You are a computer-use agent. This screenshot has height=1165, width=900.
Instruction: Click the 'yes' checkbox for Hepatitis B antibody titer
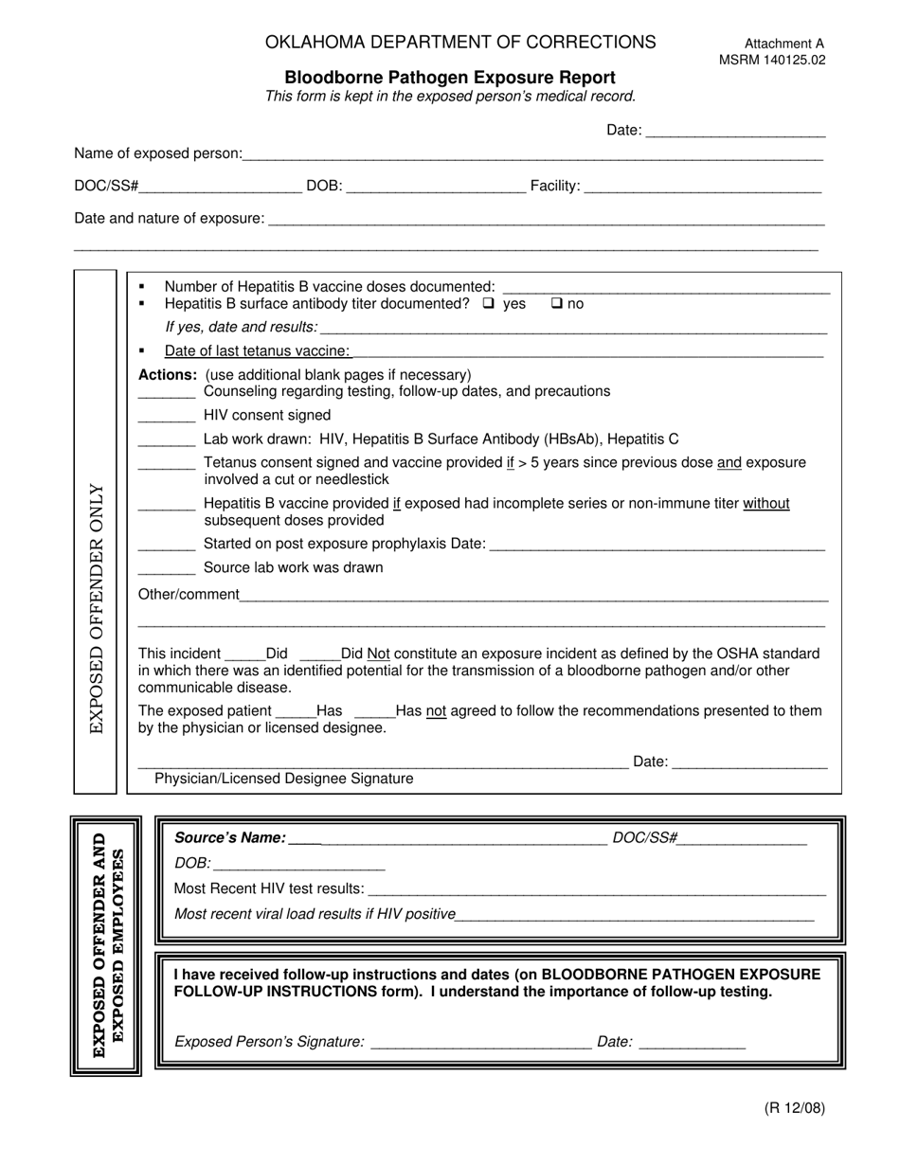click(488, 304)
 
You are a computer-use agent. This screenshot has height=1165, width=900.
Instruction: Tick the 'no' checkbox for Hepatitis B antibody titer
click(557, 304)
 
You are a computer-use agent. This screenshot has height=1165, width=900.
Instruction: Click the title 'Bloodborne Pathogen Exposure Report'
click(450, 78)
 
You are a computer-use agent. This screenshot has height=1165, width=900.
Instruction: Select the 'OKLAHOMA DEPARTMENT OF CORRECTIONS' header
click(460, 42)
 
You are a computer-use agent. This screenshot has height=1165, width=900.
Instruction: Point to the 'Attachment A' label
click(783, 44)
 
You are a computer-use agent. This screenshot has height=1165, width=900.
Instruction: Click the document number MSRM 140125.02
click(771, 60)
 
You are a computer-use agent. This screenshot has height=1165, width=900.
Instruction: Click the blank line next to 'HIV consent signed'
click(167, 417)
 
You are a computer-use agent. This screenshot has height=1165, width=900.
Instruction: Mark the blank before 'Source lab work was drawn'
click(167, 569)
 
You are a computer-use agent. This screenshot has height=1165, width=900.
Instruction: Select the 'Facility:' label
click(554, 187)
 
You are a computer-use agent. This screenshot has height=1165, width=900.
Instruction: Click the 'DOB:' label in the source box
click(192, 863)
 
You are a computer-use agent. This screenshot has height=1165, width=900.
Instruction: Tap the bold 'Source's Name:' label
click(229, 837)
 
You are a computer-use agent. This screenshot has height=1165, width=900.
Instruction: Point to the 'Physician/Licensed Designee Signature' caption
click(283, 779)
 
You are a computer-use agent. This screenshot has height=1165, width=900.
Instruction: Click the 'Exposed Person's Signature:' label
click(269, 1042)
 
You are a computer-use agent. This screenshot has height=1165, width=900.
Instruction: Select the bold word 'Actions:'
click(168, 374)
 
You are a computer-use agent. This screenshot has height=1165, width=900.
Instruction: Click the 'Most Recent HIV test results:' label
click(269, 888)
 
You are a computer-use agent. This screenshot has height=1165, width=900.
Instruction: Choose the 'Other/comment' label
click(189, 595)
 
